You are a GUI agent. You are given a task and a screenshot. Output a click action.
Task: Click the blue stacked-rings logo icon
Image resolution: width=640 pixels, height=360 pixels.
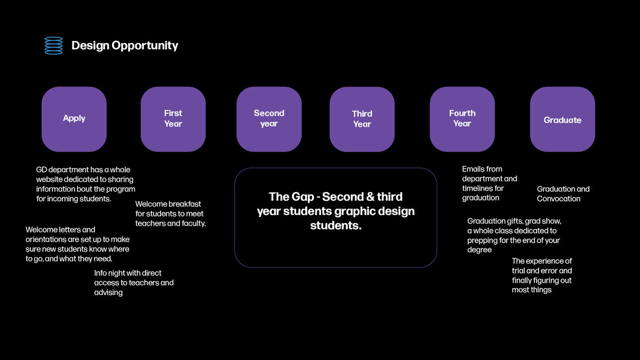[53, 45]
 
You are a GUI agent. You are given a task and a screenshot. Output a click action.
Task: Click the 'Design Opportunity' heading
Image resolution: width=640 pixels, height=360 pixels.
[125, 46]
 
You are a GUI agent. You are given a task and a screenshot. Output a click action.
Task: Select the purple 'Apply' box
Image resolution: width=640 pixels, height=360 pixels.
[74, 119]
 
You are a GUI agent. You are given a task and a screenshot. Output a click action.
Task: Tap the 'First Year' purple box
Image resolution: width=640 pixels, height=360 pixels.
[173, 119]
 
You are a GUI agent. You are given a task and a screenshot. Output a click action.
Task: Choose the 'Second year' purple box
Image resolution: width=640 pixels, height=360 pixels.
[269, 119]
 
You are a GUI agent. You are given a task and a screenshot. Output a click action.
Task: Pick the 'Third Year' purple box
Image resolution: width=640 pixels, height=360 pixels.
[362, 119]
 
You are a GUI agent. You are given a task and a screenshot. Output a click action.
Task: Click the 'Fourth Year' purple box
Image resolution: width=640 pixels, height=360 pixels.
[462, 119]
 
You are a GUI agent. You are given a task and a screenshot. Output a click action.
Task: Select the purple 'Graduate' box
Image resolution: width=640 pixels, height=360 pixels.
[563, 119]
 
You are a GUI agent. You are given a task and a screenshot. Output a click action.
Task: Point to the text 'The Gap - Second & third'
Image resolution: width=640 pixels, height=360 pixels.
[335, 197]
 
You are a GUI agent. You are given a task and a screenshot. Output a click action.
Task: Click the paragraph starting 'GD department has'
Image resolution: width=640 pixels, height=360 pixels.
[86, 185]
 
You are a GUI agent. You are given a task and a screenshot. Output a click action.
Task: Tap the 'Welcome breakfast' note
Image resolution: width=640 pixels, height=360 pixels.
[171, 214]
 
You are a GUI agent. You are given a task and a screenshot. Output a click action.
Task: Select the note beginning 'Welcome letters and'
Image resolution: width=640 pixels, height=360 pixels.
[77, 244]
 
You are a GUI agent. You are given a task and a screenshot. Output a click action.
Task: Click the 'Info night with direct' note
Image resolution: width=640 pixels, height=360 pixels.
[134, 283]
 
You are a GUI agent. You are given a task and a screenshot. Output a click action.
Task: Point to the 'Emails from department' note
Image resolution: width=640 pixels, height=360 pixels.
[490, 183]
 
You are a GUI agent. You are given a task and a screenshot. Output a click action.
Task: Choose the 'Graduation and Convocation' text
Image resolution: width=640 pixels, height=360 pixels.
[563, 194]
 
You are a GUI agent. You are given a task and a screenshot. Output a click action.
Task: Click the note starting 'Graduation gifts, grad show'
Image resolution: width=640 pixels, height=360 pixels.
[514, 235]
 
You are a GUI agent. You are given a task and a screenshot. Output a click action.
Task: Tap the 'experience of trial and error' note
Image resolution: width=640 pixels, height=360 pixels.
[542, 275]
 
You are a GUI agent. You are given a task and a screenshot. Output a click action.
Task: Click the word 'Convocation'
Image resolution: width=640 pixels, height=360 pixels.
[558, 198]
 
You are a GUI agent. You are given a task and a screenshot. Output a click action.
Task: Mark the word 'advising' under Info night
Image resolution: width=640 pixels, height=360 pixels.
[108, 293]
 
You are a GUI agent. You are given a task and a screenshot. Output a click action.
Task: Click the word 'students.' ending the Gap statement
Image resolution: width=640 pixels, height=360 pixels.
[335, 226]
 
